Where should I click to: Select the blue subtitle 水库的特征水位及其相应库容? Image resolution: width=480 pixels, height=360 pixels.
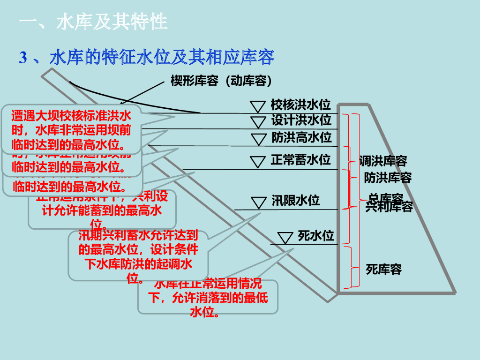(x=161, y=57)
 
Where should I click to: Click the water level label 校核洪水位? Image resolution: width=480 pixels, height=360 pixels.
(x=300, y=105)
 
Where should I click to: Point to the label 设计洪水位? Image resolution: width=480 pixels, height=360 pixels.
(x=301, y=120)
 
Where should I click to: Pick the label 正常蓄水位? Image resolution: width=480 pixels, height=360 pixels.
(x=300, y=160)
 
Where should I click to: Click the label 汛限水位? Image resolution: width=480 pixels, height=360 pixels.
(x=295, y=201)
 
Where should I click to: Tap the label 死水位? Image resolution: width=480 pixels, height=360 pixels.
(x=315, y=235)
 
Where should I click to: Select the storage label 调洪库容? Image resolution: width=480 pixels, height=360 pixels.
(x=383, y=161)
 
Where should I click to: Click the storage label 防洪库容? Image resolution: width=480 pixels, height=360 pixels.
(x=388, y=178)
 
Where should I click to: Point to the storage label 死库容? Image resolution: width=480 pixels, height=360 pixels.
(x=383, y=270)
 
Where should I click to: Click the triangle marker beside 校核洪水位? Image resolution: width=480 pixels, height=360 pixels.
(x=257, y=105)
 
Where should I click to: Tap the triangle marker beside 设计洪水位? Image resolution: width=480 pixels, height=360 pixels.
(x=258, y=121)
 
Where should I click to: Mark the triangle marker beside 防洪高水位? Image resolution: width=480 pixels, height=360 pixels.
(x=258, y=139)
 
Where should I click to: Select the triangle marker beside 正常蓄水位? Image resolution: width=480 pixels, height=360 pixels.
(x=257, y=161)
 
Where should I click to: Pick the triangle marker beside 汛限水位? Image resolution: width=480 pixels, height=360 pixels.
(x=258, y=202)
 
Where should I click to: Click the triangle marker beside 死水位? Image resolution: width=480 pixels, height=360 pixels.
(x=285, y=237)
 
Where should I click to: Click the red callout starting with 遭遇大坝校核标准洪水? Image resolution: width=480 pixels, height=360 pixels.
(x=71, y=129)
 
